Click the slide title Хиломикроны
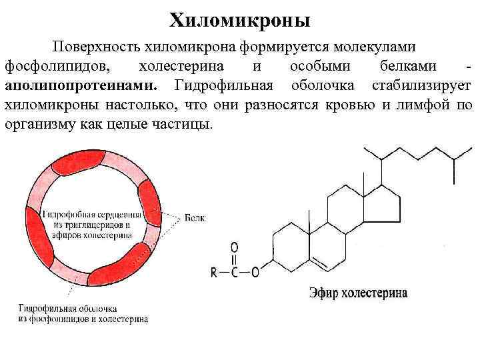(240, 21)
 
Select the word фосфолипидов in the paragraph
(57, 67)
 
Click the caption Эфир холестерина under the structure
(357, 293)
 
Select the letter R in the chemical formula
(213, 272)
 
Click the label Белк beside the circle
(195, 218)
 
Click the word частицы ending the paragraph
(186, 125)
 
